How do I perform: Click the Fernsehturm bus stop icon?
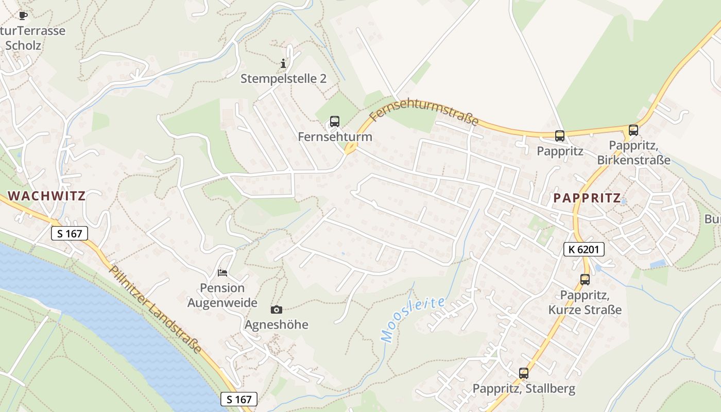[335, 122]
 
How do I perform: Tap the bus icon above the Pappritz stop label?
[560, 136]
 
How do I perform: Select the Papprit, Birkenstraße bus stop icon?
[633, 130]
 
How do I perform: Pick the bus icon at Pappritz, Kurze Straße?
[585, 280]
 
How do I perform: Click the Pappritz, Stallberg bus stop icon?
[524, 373]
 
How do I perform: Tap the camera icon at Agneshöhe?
[277, 310]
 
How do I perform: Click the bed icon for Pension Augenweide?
[222, 272]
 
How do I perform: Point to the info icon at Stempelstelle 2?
[283, 64]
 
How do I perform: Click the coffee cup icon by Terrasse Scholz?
[23, 15]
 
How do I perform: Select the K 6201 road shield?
[583, 249]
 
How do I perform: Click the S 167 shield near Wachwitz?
[70, 233]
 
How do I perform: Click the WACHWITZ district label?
[47, 196]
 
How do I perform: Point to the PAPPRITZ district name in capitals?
[587, 198]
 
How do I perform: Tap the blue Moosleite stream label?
[412, 319]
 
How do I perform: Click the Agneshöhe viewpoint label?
[277, 324]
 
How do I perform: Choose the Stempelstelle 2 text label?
[283, 79]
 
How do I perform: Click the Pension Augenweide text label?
[222, 295]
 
